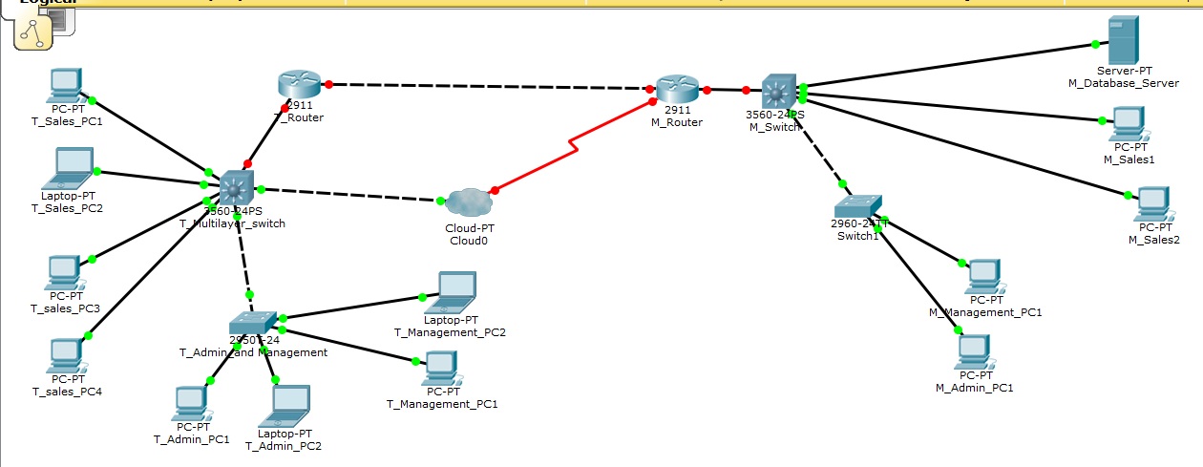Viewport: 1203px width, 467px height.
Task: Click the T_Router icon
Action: [x=296, y=84]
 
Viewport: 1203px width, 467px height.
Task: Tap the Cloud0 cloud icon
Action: [x=468, y=202]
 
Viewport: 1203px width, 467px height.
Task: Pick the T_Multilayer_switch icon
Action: [x=234, y=186]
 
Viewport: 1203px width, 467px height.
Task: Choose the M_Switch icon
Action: [x=778, y=92]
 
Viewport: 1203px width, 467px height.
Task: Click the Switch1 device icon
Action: [x=856, y=207]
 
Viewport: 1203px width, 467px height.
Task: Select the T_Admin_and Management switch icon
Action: [x=253, y=322]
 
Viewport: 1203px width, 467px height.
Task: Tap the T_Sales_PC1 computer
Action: [x=65, y=87]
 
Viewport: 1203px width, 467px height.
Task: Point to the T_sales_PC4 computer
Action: [x=65, y=355]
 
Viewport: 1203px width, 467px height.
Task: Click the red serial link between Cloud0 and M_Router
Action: [x=573, y=145]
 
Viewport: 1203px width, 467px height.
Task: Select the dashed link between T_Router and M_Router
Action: [x=487, y=86]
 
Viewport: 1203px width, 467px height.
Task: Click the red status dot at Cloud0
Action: [x=495, y=190]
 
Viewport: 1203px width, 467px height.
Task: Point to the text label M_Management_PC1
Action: [x=985, y=312]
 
